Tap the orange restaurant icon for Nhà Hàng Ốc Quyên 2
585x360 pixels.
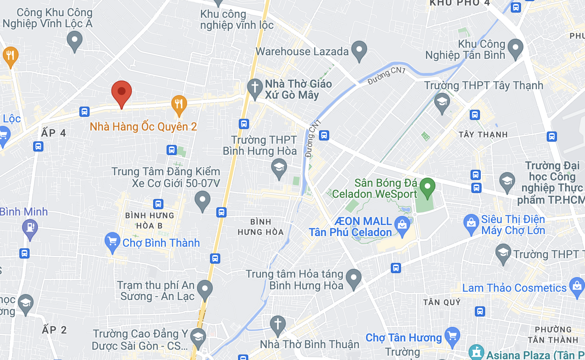pos(179,105)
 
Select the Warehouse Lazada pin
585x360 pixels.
pos(359,50)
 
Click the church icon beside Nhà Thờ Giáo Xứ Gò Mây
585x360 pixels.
pos(255,88)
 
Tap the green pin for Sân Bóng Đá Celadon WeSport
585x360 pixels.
pos(427,187)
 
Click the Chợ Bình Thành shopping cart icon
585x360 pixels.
pos(112,241)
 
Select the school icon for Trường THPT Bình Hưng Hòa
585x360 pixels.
pos(279,168)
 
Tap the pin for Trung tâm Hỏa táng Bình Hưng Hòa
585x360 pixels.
pos(354,278)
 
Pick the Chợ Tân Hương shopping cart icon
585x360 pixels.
pos(452,336)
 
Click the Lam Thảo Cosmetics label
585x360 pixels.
pos(514,288)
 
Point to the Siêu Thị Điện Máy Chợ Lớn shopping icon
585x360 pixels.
pos(471,223)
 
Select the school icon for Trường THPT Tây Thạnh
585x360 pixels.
pos(442,102)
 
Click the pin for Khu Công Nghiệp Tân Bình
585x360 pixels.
pos(515,48)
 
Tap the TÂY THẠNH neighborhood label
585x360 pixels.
pos(483,135)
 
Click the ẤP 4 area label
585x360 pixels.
pos(54,133)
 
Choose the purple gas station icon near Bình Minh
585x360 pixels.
pos(30,229)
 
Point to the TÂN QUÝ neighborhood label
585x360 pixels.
pos(442,302)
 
